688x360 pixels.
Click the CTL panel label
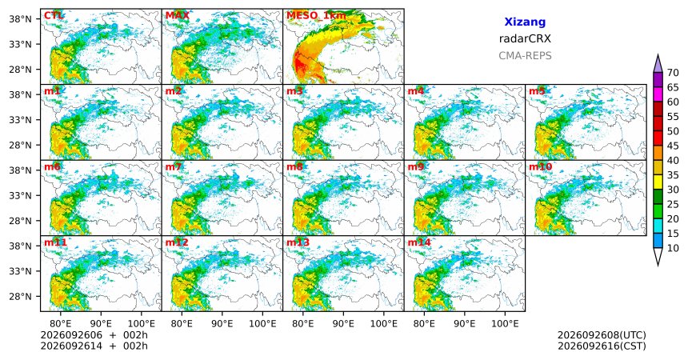point(54,16)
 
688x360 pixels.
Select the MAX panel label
point(178,16)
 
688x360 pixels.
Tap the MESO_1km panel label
point(316,16)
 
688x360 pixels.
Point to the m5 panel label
point(537,91)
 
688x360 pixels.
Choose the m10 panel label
point(540,167)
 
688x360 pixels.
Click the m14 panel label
point(419,242)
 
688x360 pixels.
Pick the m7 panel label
point(174,167)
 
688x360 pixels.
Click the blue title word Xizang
point(525,22)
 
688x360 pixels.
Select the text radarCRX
point(525,38)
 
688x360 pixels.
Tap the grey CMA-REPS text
point(525,56)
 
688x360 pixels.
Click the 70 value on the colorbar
point(673,73)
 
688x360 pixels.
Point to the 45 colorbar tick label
point(673,146)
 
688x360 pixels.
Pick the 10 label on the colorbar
point(673,248)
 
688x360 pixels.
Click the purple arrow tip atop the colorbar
point(658,55)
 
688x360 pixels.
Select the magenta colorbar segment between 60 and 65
point(658,94)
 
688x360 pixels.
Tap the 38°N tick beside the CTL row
point(20,19)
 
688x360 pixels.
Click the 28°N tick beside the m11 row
point(20,296)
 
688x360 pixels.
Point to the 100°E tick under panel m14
point(505,324)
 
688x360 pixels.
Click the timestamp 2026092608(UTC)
point(602,335)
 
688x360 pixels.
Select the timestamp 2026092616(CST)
point(602,346)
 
